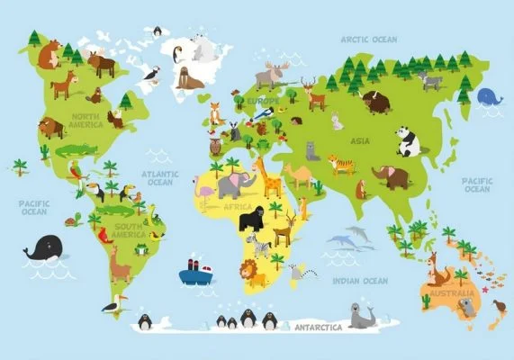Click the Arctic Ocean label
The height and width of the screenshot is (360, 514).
pyautogui.click(x=368, y=40)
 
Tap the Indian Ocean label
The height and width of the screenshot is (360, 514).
pyautogui.click(x=359, y=281)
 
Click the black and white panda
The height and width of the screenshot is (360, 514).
pyautogui.click(x=409, y=140)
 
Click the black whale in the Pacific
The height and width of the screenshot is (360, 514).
pyautogui.click(x=44, y=247)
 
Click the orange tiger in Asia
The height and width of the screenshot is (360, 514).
pyautogui.click(x=341, y=165)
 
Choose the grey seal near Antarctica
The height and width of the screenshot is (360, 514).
pyautogui.click(x=364, y=316)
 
